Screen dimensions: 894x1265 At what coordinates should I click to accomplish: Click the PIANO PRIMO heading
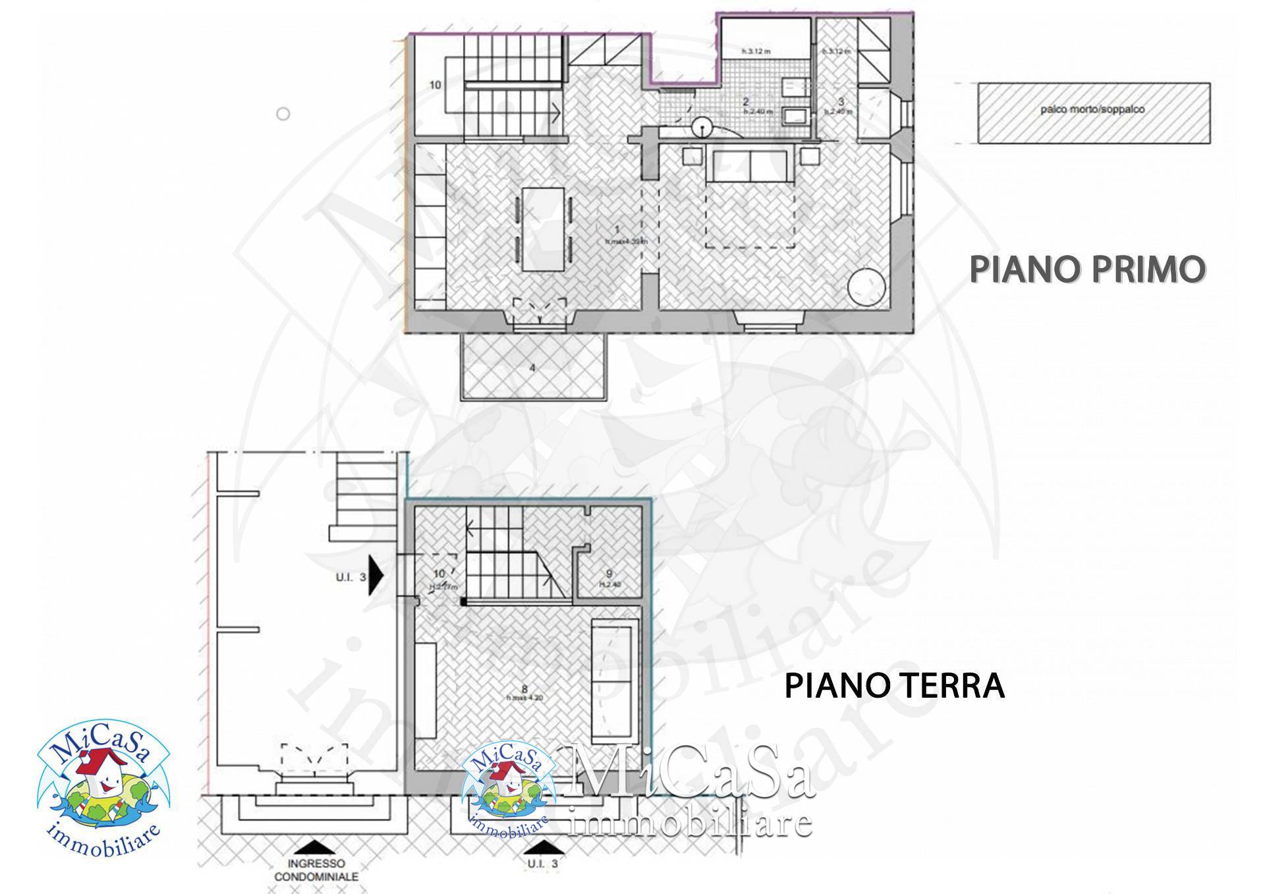(1087, 269)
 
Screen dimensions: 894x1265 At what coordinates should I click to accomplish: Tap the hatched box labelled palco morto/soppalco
(1094, 113)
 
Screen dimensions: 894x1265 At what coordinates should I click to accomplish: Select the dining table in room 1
(544, 229)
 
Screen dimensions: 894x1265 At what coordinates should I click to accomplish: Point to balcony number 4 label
(532, 368)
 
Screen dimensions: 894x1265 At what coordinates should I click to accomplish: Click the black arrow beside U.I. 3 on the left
(376, 575)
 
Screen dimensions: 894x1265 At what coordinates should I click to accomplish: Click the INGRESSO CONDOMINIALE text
(316, 870)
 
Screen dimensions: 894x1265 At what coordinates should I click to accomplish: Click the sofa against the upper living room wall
(750, 166)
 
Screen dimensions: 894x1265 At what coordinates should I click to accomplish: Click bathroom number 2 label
(745, 101)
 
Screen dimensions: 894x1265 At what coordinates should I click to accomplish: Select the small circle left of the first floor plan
(283, 114)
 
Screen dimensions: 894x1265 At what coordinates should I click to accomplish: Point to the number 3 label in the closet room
(841, 101)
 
